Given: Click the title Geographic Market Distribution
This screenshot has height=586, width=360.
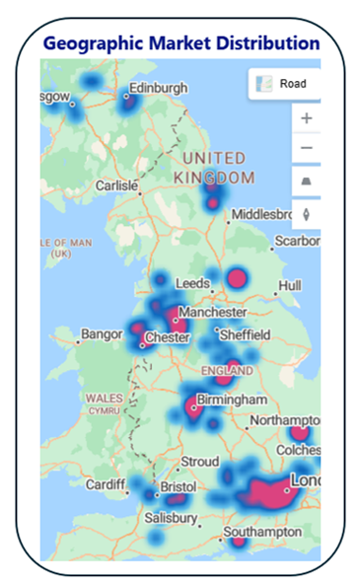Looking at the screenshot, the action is click(181, 44).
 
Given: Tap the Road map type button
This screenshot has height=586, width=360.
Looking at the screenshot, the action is click(284, 84).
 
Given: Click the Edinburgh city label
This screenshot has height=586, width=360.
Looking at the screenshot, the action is click(158, 89).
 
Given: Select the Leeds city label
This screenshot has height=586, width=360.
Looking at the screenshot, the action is click(192, 283).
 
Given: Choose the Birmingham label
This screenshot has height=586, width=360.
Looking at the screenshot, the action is click(232, 401).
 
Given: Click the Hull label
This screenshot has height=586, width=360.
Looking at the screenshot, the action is click(289, 285).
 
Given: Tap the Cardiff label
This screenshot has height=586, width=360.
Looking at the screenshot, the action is click(106, 485).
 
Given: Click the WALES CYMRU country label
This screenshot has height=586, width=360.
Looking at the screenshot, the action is click(104, 403).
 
